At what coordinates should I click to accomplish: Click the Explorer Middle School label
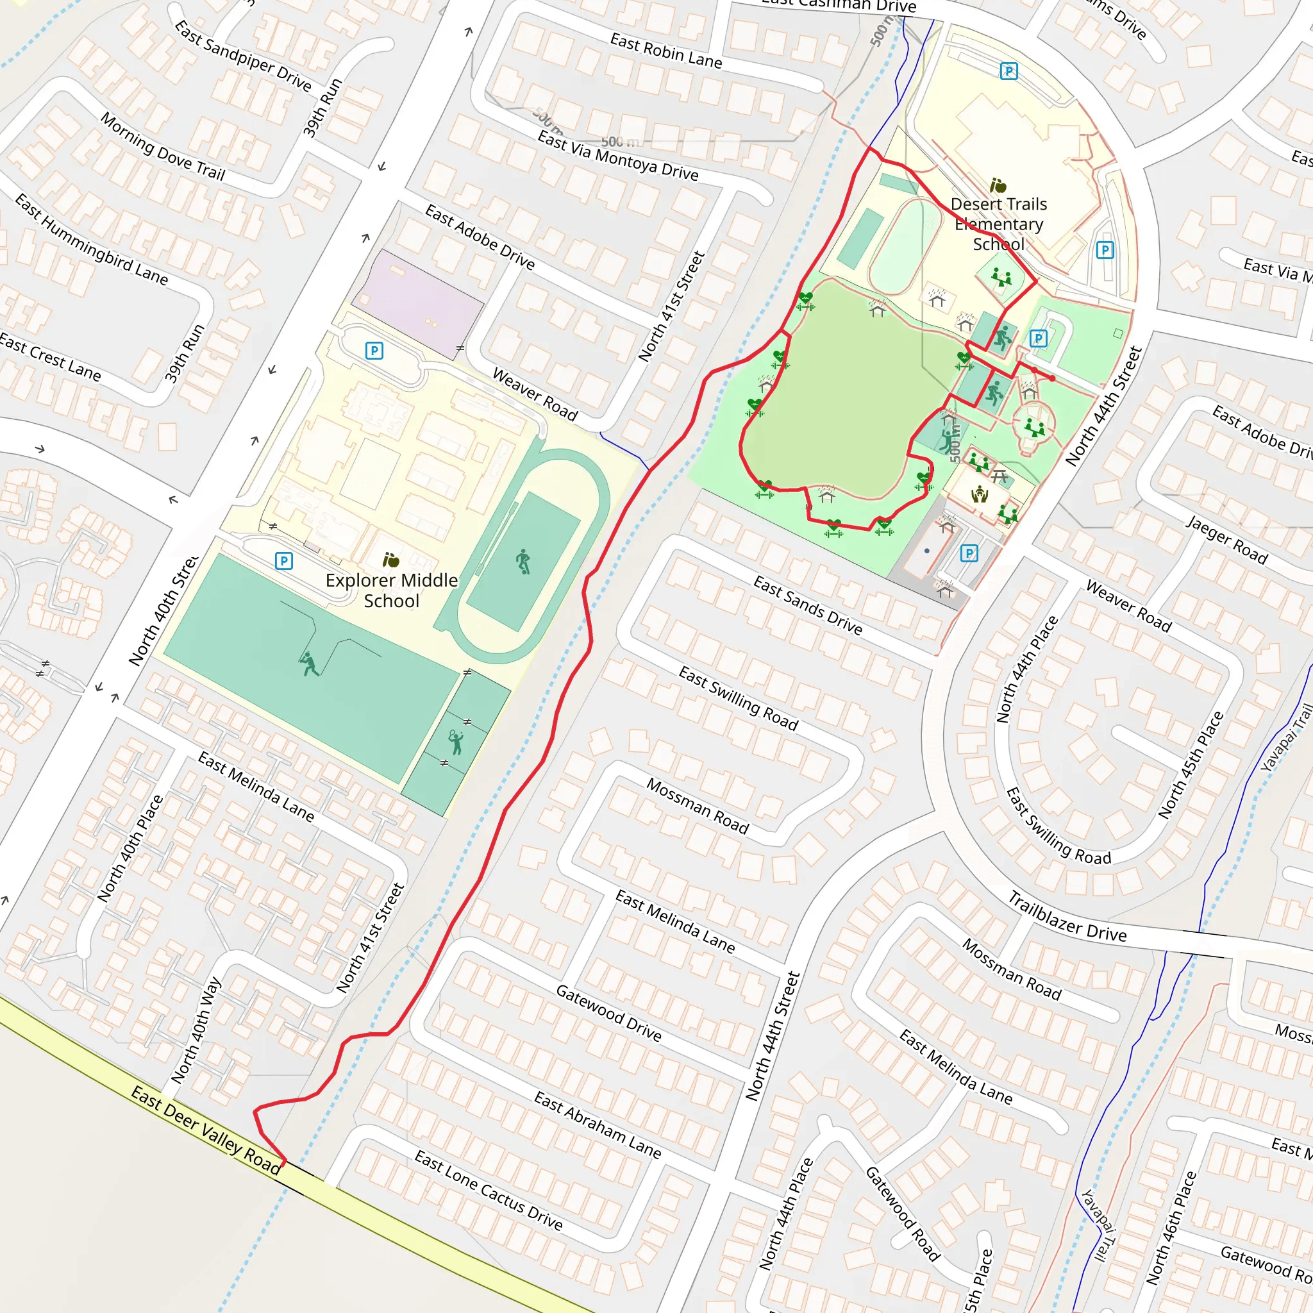pyautogui.click(x=392, y=590)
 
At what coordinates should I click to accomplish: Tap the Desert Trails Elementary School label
pyautogui.click(x=998, y=224)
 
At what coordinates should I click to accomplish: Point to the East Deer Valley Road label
pyautogui.click(x=206, y=1130)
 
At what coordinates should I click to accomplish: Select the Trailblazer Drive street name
pyautogui.click(x=1066, y=917)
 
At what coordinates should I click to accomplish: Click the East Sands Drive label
pyautogui.click(x=807, y=605)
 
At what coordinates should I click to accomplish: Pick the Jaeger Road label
pyautogui.click(x=1226, y=540)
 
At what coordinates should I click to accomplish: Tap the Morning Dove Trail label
pyautogui.click(x=163, y=146)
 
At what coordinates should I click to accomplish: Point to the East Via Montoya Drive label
pyautogui.click(x=618, y=156)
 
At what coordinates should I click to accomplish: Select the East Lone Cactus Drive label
pyautogui.click(x=489, y=1189)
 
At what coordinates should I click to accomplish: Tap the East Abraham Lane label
pyautogui.click(x=598, y=1125)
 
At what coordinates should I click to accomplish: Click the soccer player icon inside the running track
pyautogui.click(x=523, y=562)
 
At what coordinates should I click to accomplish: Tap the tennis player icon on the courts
pyautogui.click(x=456, y=742)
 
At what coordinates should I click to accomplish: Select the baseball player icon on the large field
pyautogui.click(x=308, y=664)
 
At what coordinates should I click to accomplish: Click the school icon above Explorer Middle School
pyautogui.click(x=391, y=560)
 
